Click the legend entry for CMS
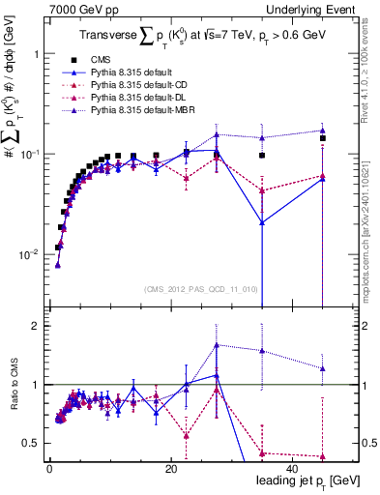(113, 59)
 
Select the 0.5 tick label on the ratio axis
(33, 443)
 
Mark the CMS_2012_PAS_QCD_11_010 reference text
(199, 288)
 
